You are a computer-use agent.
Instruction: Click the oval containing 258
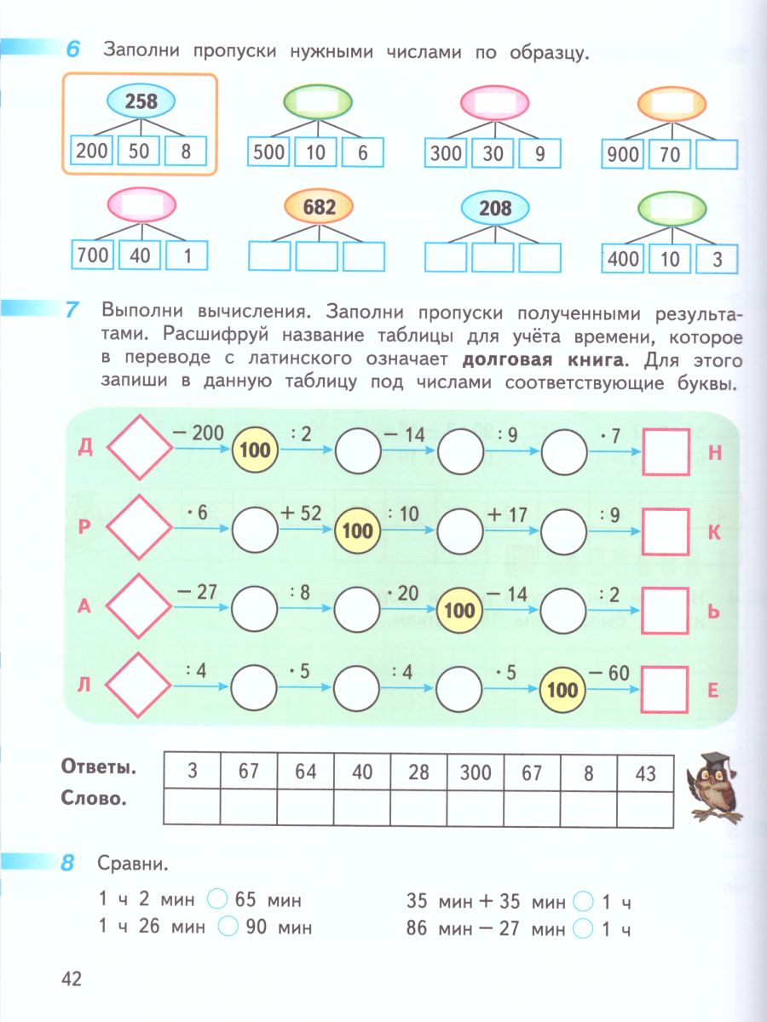[x=141, y=102]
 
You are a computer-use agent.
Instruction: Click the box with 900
[x=622, y=154]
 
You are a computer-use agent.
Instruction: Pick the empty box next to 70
[x=716, y=154]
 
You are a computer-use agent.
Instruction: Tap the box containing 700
[x=92, y=255]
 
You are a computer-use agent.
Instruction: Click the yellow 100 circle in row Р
[x=357, y=531]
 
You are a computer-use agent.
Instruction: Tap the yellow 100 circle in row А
[x=460, y=610]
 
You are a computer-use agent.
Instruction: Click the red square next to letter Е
[x=665, y=688]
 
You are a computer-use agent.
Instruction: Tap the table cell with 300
[x=476, y=772]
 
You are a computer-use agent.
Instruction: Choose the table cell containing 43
[x=645, y=772]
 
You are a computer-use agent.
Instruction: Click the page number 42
[x=71, y=979]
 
